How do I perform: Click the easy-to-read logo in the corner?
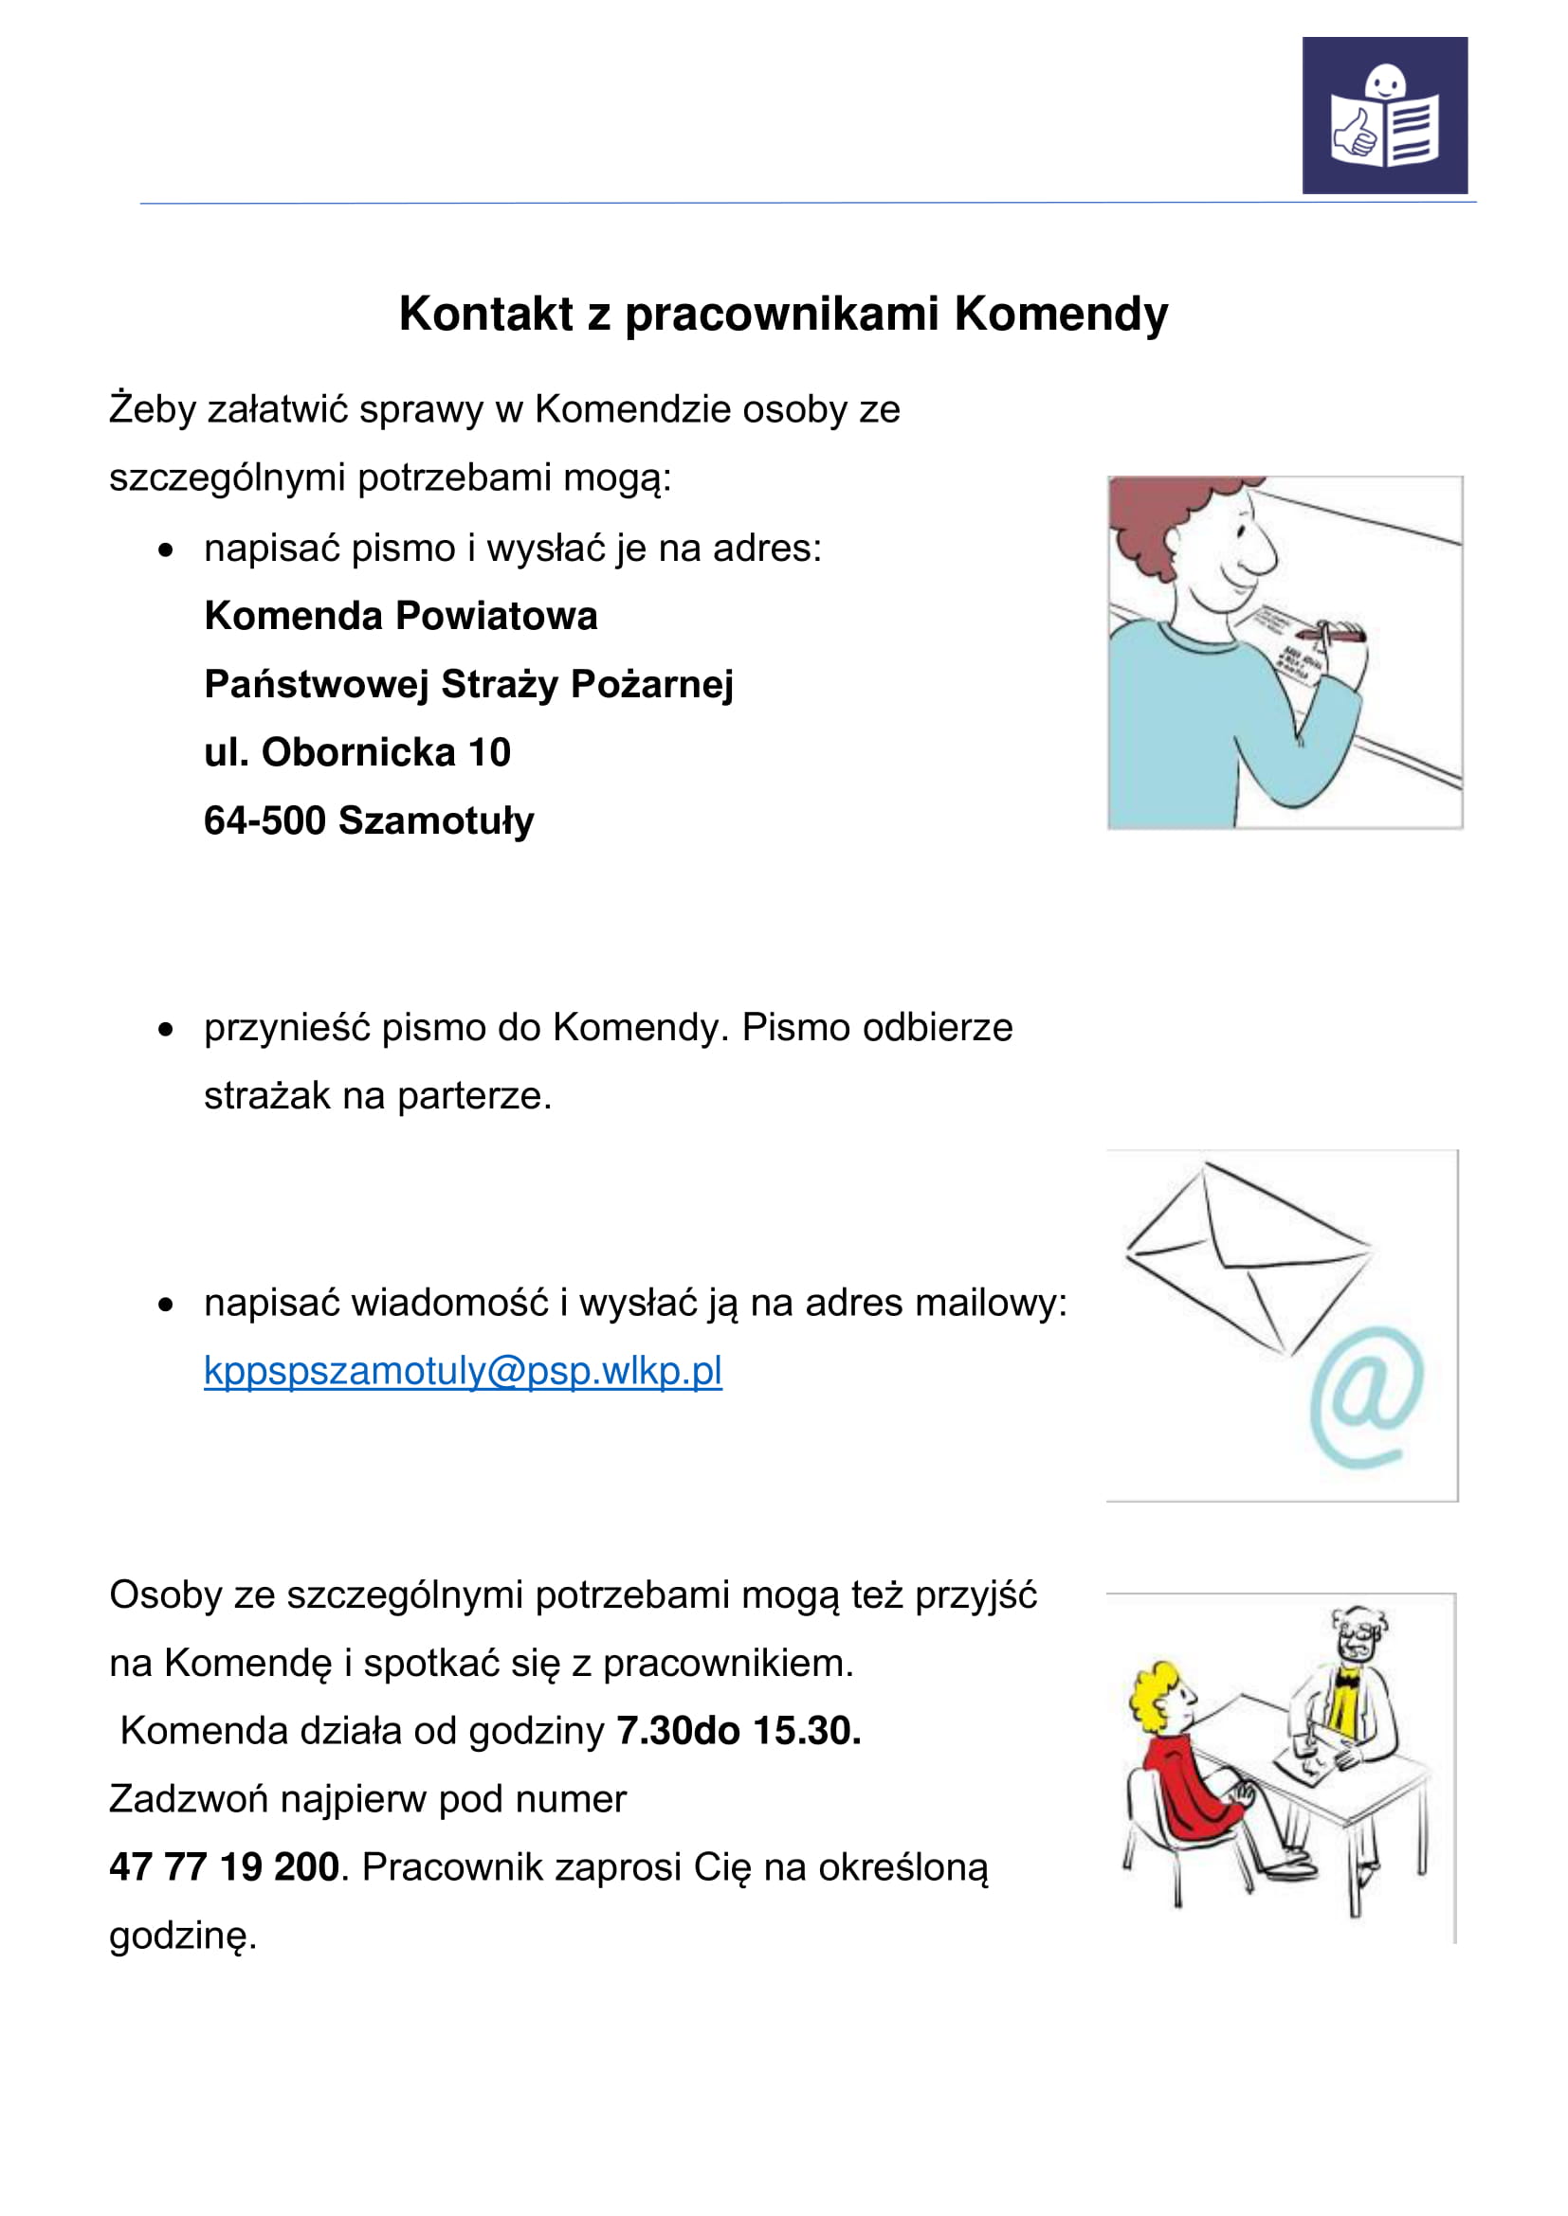coord(1384,115)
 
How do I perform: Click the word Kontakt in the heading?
coord(485,314)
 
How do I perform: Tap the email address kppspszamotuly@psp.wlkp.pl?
coord(463,1371)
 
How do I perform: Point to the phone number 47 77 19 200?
coord(224,1866)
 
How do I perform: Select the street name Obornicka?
coord(358,752)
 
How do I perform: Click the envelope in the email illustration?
coord(1248,1254)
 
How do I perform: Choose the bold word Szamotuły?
coord(436,820)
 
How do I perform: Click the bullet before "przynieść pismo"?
coord(166,1030)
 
